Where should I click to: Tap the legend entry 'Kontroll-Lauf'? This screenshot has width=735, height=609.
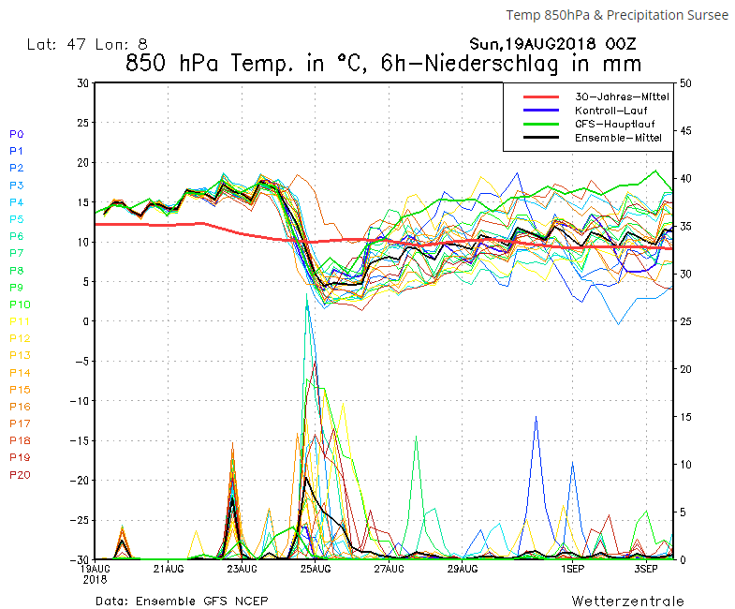(610, 111)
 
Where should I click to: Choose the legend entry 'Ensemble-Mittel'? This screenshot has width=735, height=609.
(618, 138)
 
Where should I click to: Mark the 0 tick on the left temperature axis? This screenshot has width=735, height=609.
(85, 321)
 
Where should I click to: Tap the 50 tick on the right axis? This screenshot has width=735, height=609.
(686, 83)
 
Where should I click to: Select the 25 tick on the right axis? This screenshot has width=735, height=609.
(686, 321)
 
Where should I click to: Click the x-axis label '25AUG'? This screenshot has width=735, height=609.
(316, 569)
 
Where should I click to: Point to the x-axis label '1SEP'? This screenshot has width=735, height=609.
(573, 569)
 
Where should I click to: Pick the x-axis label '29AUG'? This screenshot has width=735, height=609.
(463, 569)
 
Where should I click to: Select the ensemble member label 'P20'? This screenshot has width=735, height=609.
(20, 475)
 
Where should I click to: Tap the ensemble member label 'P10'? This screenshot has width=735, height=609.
(20, 304)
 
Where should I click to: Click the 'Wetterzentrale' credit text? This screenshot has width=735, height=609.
(627, 601)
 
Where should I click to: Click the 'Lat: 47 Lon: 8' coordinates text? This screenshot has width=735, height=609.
(87, 43)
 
